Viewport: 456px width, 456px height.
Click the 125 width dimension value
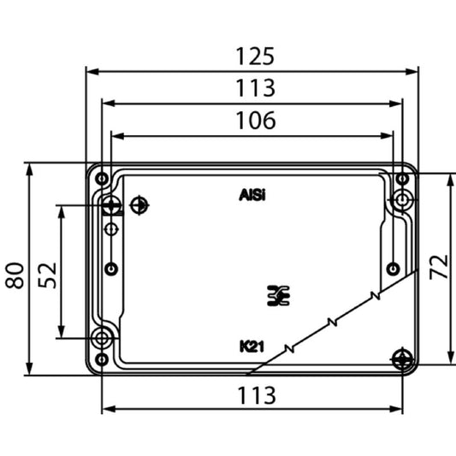(256, 56)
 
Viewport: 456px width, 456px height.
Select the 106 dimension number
(256, 121)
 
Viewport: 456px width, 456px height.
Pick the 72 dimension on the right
(437, 267)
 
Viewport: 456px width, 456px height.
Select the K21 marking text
(252, 346)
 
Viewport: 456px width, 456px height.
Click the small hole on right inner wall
(392, 269)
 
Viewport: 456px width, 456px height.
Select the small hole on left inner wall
(111, 269)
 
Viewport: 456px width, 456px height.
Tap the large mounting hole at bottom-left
(103, 339)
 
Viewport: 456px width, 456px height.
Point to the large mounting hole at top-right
(402, 200)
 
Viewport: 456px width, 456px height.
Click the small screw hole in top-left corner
(102, 178)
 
